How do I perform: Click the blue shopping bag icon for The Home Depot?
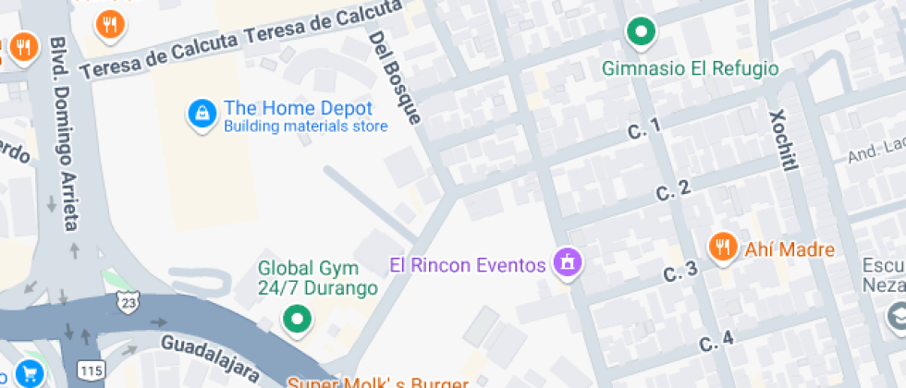click(x=200, y=114)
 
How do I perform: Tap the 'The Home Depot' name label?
click(x=298, y=108)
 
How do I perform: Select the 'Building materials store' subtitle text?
click(x=305, y=127)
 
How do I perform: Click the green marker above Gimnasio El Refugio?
click(x=640, y=32)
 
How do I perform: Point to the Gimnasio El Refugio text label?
click(x=690, y=68)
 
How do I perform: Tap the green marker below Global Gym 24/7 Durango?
click(x=297, y=320)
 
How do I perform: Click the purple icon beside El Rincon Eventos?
click(x=566, y=263)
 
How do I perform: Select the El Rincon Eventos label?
click(x=468, y=266)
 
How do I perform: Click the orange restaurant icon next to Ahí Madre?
click(x=722, y=247)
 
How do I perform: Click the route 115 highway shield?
click(x=92, y=370)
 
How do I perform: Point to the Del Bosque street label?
click(x=395, y=78)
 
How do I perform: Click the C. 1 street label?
click(x=644, y=129)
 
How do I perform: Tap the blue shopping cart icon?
click(x=30, y=373)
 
